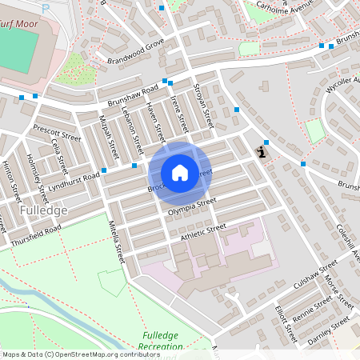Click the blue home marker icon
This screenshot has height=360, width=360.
coord(180,173)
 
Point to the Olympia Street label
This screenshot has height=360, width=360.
coord(192,206)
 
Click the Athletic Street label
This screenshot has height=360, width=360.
coord(203,231)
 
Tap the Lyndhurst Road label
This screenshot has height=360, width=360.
coord(73,180)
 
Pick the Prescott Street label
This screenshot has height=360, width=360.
coord(58,133)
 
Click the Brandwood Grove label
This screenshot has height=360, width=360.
coord(130,54)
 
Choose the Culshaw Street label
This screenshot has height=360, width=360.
coord(317,277)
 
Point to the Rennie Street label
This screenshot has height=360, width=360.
coord(312,307)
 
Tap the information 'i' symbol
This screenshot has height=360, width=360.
coord(262,150)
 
